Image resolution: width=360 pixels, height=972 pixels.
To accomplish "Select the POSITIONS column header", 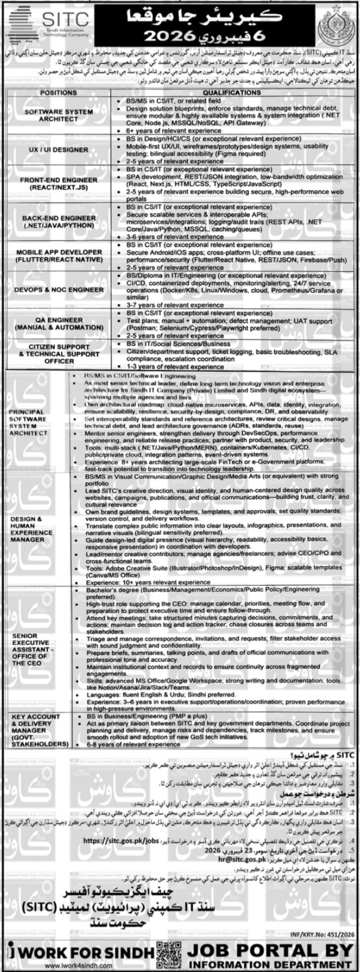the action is [60, 92].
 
